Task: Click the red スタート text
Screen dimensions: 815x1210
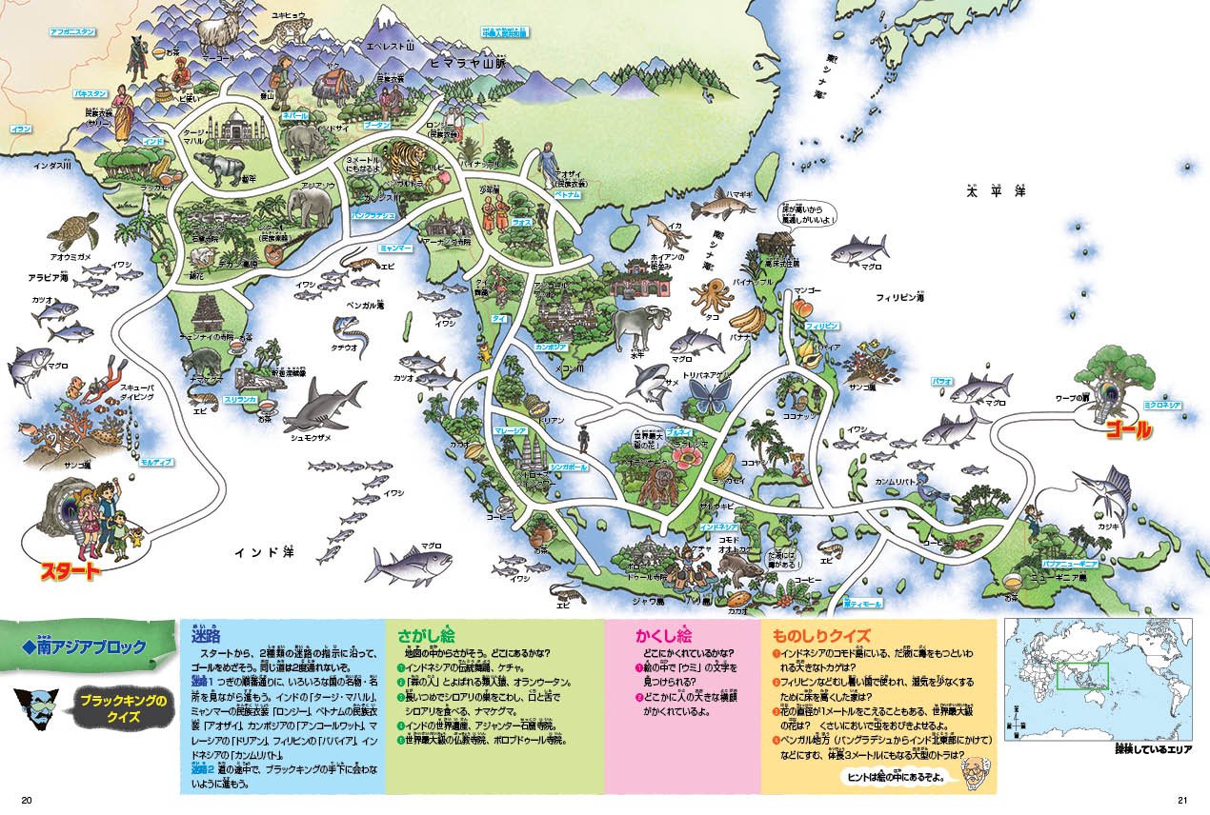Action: pos(68,571)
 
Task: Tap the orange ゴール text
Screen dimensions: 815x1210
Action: pos(1127,430)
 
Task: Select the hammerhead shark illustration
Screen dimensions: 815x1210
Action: pos(324,406)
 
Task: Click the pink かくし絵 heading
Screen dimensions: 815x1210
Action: pos(663,633)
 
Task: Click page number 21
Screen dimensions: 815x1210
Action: pos(1183,798)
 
